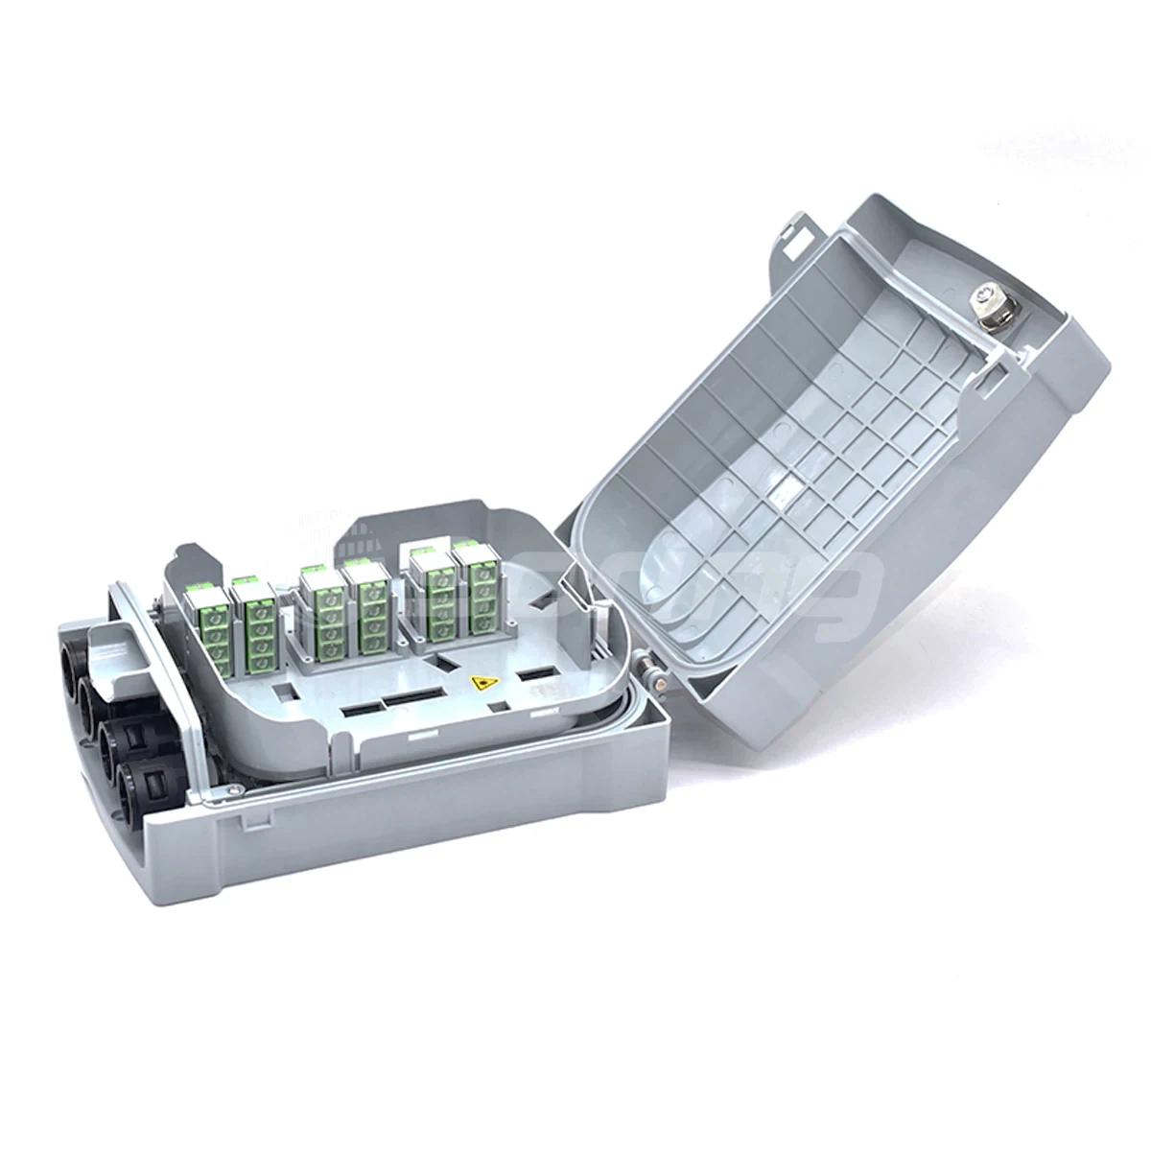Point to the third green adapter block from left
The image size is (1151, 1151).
point(323,609)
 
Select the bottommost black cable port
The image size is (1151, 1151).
point(137,788)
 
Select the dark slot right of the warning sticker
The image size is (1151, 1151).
point(540,674)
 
